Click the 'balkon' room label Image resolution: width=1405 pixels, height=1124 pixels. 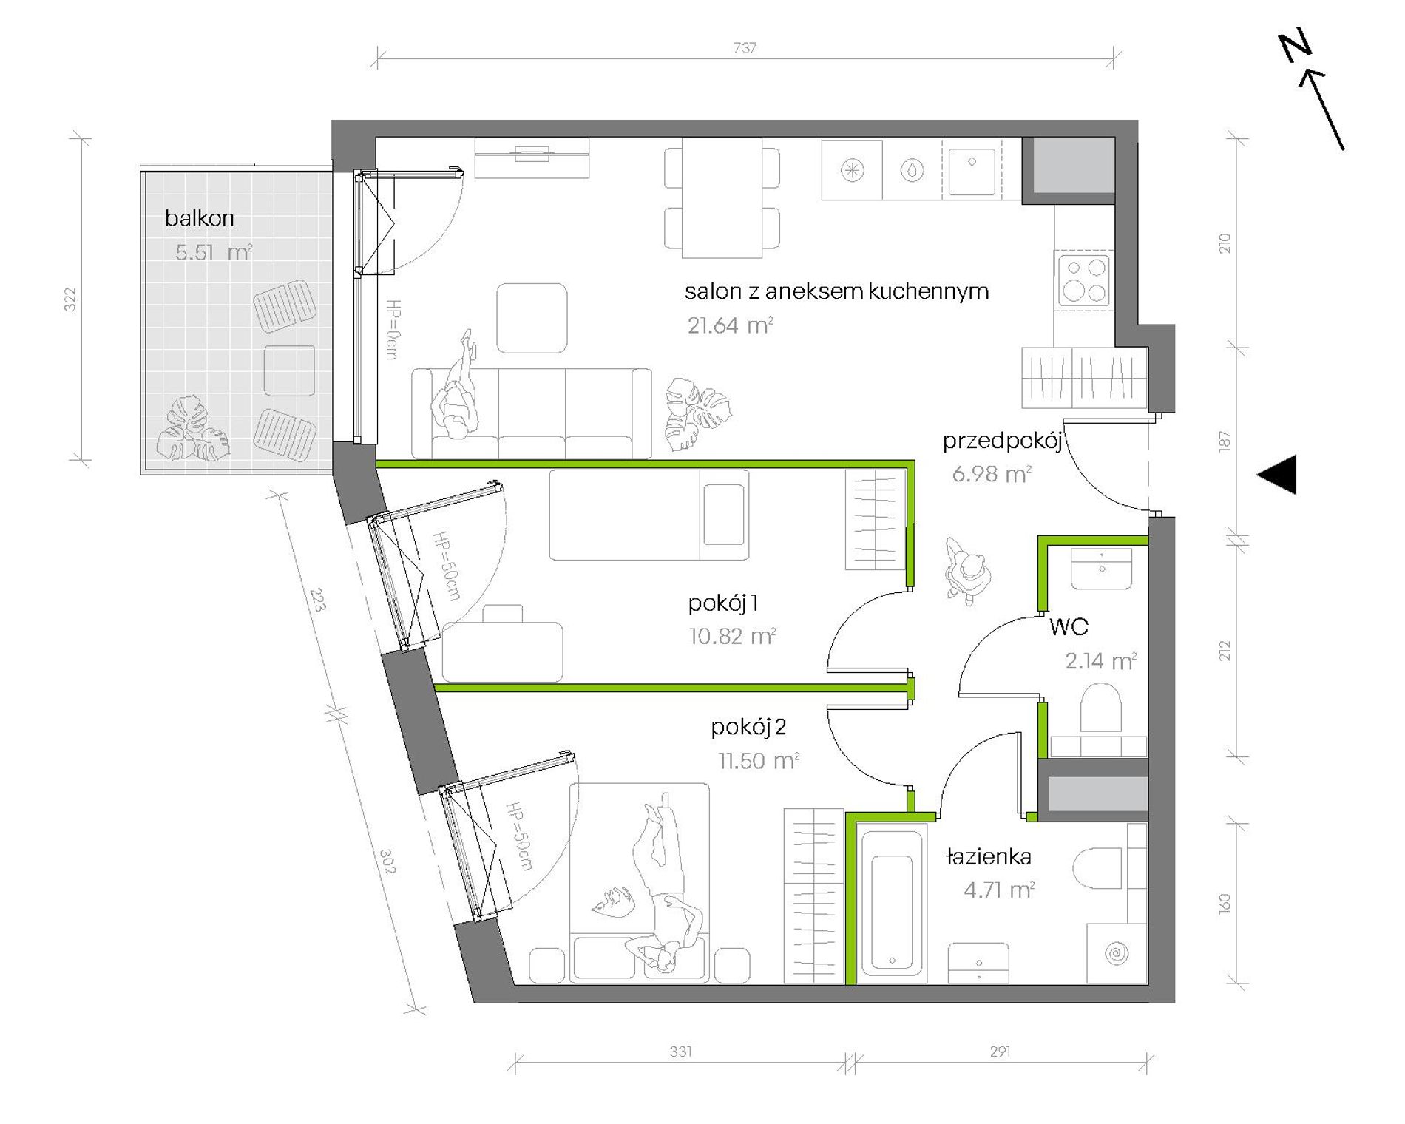[199, 218]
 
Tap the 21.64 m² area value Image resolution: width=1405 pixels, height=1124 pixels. [730, 325]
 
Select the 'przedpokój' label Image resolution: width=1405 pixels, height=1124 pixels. [1003, 441]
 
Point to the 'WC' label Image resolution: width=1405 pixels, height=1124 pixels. [1069, 627]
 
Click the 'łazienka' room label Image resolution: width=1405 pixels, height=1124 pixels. [989, 857]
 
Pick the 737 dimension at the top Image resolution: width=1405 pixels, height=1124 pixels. [745, 47]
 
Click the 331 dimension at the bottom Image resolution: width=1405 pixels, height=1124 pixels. [680, 1051]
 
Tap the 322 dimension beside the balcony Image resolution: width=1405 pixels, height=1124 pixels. [70, 299]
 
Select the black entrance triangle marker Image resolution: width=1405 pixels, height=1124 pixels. [1277, 474]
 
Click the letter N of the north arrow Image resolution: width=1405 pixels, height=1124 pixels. [1295, 46]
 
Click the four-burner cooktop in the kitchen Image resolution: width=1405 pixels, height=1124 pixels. [1084, 279]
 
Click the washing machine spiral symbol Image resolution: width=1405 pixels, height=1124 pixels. [1117, 953]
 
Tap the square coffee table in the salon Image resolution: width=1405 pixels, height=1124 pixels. [532, 318]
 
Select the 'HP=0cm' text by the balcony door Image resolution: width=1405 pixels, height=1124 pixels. [393, 330]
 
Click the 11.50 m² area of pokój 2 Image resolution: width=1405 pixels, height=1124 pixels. [759, 760]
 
